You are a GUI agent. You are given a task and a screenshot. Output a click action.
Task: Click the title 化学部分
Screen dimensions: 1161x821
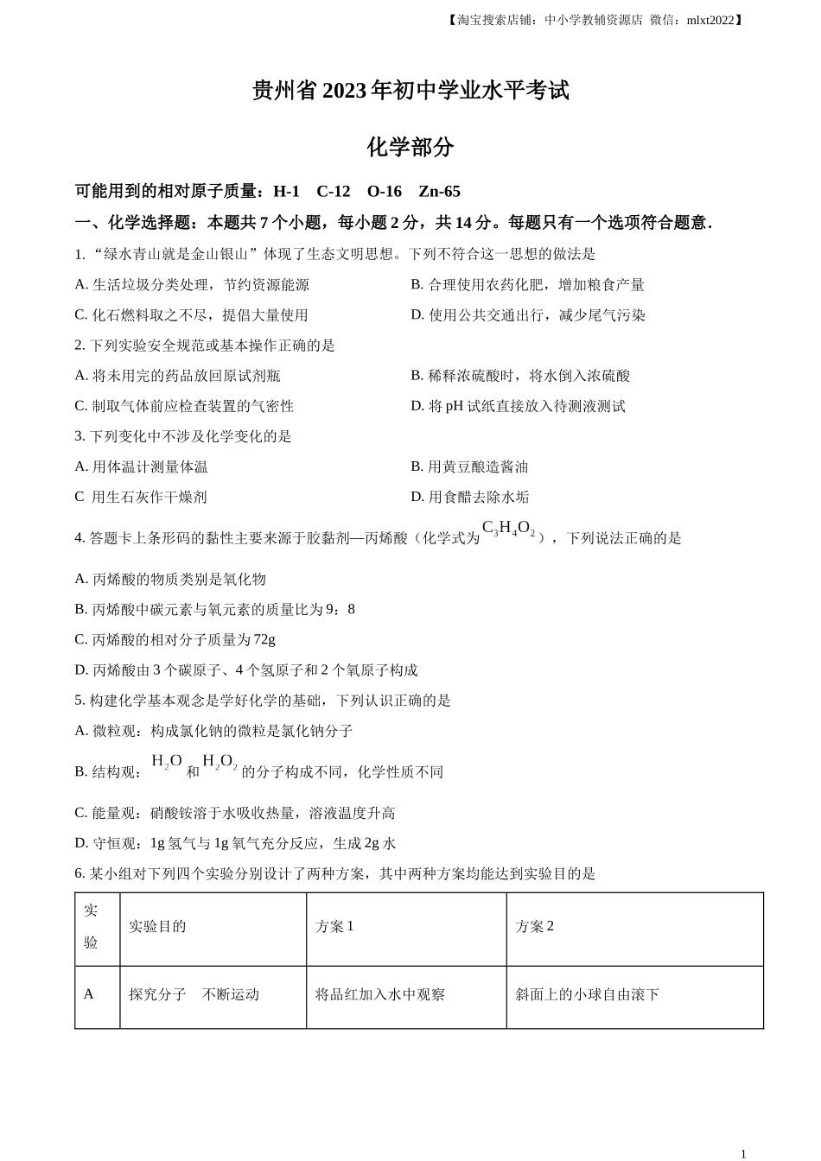pos(410,147)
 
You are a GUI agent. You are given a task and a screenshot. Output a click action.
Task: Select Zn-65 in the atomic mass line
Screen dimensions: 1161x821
pos(439,192)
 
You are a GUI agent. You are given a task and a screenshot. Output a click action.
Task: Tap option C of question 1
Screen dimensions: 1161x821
pos(191,315)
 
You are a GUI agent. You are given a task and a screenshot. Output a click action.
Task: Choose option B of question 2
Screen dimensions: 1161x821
pos(520,376)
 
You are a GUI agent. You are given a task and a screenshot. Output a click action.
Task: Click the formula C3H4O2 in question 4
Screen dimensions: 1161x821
pos(508,529)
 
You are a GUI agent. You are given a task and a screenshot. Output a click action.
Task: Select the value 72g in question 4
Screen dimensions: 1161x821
pos(264,639)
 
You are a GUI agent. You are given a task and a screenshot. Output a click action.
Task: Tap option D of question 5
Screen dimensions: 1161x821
pos(235,843)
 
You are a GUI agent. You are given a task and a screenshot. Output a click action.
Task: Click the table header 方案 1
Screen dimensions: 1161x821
pos(334,926)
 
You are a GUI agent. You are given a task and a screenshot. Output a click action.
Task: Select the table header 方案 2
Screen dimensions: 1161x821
pos(534,926)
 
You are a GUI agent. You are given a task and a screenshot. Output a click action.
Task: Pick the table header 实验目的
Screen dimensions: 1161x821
pos(157,926)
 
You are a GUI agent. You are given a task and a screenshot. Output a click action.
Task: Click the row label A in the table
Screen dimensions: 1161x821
pos(88,994)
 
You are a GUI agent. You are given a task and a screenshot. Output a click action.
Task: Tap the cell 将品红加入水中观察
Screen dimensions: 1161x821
pos(380,994)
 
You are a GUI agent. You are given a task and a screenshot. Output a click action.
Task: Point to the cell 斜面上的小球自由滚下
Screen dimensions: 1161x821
pos(588,994)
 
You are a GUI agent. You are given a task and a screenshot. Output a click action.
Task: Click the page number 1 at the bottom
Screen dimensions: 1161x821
pos(743,1153)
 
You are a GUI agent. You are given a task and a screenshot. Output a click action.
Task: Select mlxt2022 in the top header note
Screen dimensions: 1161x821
pos(710,20)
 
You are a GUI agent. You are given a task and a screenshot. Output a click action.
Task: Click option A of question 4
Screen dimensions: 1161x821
pos(170,579)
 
